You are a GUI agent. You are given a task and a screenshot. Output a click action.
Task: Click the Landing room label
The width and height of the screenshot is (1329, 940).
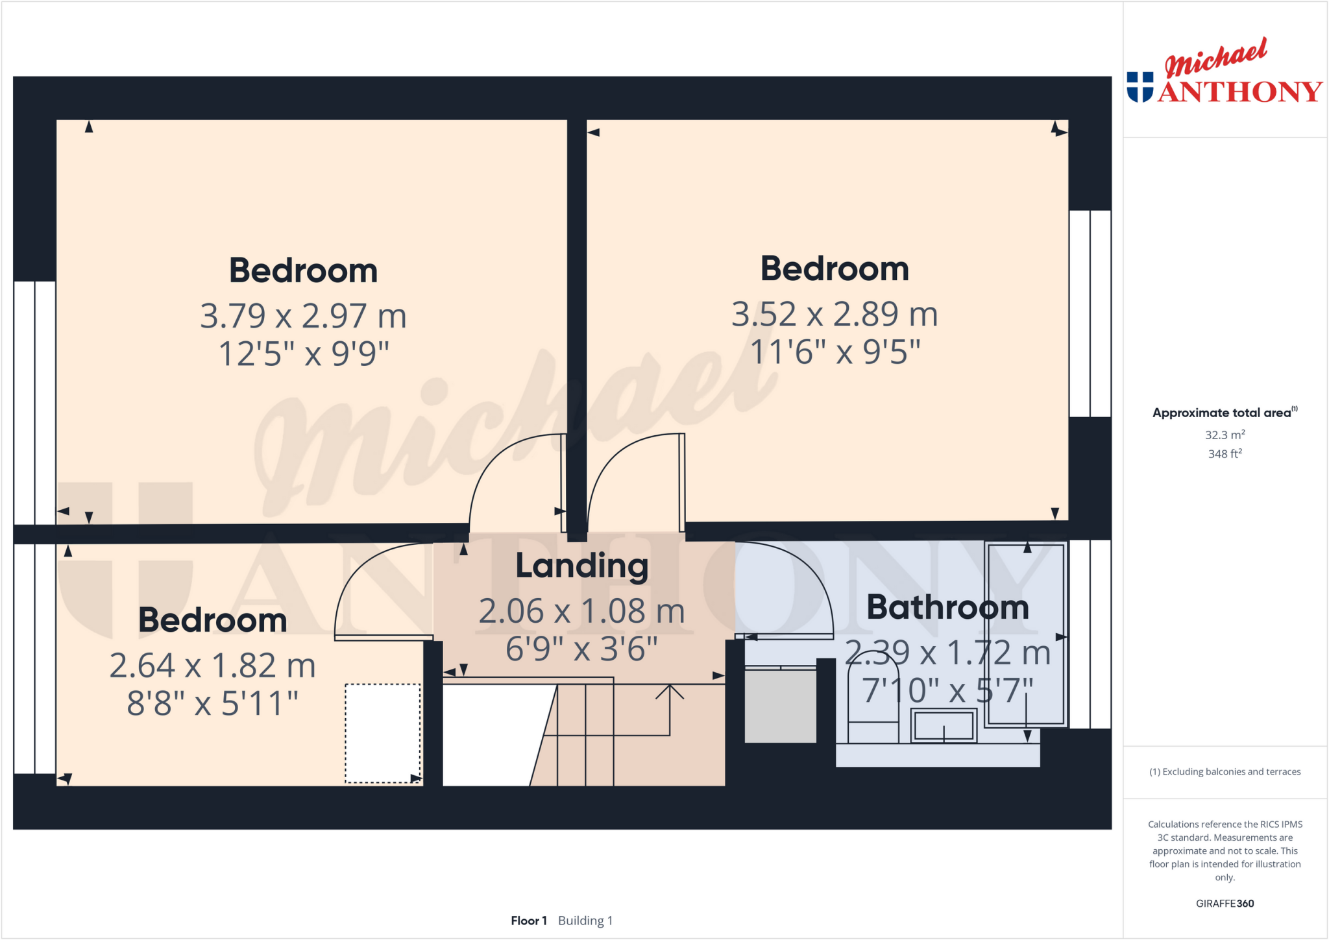[x=581, y=566]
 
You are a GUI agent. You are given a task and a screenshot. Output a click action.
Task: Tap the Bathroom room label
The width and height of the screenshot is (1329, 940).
[x=947, y=607]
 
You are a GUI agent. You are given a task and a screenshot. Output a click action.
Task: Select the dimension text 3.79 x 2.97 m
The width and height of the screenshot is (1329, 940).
[x=303, y=316]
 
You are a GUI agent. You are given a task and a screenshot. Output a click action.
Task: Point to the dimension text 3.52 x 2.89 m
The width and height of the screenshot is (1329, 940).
[x=835, y=314]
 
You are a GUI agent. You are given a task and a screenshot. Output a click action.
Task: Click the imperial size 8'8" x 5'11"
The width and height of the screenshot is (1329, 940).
[x=212, y=703]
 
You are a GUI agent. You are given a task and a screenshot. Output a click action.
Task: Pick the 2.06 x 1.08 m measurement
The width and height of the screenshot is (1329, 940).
[x=581, y=611]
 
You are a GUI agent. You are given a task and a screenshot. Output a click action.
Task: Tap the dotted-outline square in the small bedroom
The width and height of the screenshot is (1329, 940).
[x=382, y=733]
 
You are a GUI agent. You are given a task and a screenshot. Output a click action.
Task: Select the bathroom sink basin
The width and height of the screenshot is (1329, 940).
[x=944, y=725]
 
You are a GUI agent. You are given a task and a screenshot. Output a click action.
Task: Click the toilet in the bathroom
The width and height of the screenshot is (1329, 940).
[x=873, y=701]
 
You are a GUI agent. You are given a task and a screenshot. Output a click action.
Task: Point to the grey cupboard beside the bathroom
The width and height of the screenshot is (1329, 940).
[x=780, y=706]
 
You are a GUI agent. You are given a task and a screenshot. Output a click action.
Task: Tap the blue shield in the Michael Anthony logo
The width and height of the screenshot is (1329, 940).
[x=1140, y=87]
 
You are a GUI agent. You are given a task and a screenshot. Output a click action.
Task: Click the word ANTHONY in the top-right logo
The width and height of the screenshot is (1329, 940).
[x=1239, y=91]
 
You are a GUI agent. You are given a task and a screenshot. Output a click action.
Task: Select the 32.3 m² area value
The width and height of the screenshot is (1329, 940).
[x=1225, y=435]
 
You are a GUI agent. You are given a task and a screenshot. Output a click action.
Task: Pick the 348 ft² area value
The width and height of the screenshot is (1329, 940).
[x=1225, y=454]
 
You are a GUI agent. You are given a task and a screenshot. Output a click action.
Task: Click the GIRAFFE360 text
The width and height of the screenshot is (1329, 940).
[x=1225, y=903]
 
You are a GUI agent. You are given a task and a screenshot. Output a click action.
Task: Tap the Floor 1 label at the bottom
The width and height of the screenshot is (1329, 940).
[x=529, y=921]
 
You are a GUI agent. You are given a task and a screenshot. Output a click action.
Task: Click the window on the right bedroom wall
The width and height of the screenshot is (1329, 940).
[x=1090, y=313]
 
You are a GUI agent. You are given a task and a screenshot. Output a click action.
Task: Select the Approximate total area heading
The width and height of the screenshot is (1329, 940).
[x=1223, y=413]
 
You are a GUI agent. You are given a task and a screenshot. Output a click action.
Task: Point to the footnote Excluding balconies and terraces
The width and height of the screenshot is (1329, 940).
[x=1225, y=771]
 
